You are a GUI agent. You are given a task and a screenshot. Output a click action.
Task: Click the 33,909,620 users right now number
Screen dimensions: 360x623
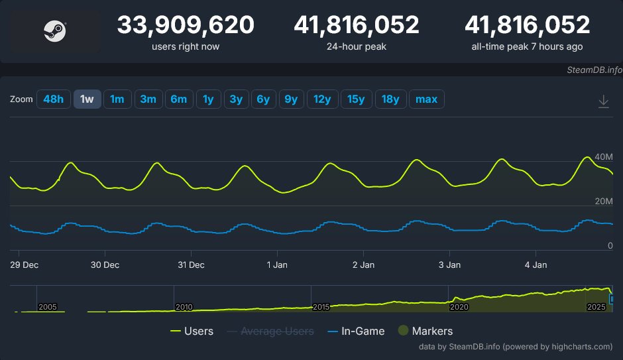186,25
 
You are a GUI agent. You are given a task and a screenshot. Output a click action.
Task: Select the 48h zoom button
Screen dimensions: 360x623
53,99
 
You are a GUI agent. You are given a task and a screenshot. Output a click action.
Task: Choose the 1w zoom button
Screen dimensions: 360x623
87,99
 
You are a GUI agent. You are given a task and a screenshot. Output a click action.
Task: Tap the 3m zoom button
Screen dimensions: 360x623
148,99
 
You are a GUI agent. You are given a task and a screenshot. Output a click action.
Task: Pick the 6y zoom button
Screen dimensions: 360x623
263,99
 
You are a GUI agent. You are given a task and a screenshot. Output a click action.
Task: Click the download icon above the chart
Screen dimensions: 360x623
603,101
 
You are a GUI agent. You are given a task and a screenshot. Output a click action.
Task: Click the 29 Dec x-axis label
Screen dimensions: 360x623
25,265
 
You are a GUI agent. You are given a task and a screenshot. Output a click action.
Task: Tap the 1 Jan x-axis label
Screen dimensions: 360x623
277,265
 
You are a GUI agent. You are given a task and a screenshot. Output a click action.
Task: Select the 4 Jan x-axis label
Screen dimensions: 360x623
536,265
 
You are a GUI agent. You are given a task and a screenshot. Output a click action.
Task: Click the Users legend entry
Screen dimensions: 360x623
192,331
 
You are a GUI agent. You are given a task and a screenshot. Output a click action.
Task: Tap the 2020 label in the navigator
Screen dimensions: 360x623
459,307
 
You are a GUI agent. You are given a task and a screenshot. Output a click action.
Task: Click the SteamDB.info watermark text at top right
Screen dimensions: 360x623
595,69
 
